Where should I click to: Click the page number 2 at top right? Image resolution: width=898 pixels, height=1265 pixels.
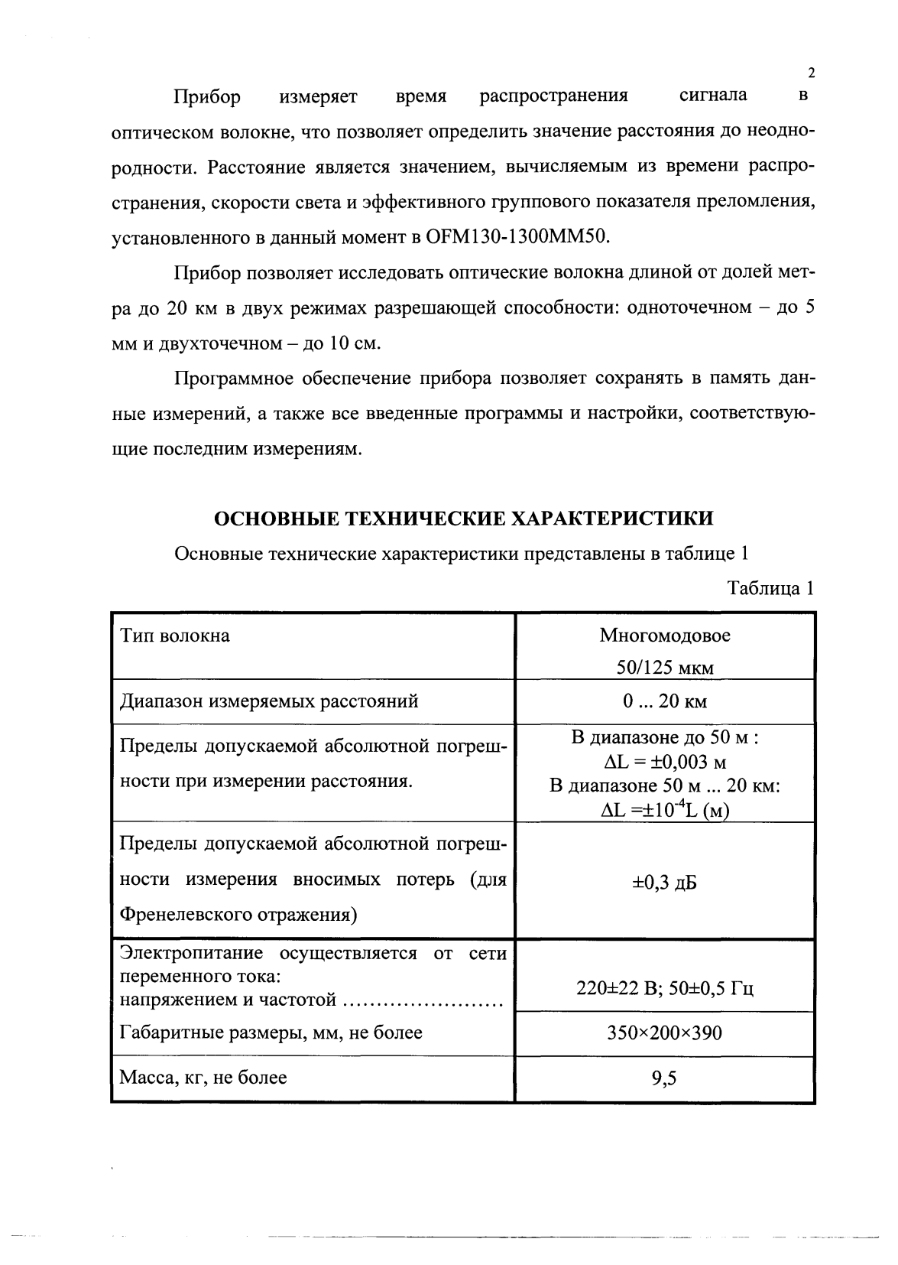pos(811,73)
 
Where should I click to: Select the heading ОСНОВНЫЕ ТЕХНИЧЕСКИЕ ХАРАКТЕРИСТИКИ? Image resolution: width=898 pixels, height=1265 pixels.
pos(463,519)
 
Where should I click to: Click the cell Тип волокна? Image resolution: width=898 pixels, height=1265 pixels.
pos(175,636)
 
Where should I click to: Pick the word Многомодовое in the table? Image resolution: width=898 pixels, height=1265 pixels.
pos(664,636)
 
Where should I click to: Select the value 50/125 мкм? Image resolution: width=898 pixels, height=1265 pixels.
pos(664,668)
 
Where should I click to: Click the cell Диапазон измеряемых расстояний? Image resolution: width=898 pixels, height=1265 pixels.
pos(270,701)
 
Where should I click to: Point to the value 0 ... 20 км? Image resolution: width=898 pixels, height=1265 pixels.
pos(664,701)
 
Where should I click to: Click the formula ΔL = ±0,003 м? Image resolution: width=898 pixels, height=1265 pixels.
pos(664,762)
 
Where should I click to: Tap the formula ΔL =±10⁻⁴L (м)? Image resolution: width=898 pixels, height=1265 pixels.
pos(664,810)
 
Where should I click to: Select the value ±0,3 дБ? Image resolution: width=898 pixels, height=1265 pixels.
pos(664,883)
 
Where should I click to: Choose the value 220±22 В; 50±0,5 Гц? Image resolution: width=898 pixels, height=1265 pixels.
pos(664,989)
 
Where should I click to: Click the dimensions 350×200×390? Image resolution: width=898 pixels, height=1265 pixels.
pos(664,1033)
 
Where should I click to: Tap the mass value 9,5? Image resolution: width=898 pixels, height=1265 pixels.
pos(664,1078)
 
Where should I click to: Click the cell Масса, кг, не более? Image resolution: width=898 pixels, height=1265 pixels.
pos(204,1078)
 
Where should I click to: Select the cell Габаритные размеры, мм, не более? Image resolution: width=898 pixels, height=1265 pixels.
pos(271,1033)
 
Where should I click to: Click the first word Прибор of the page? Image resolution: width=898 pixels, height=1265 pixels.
pos(207,97)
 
